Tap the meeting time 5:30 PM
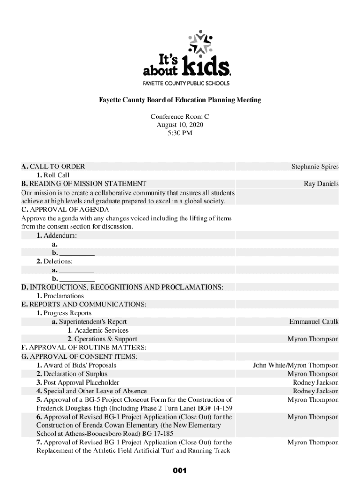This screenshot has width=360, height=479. tap(180, 133)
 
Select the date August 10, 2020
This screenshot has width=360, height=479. tap(180, 125)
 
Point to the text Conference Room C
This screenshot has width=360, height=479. tap(180, 116)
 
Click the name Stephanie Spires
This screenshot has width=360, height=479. tap(315, 167)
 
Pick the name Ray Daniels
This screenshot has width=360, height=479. tap(321, 184)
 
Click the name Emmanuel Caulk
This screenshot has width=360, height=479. tap(314, 322)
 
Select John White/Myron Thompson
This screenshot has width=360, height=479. tap(296, 365)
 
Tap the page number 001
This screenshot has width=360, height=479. tap(180, 471)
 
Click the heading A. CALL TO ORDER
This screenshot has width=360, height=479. tap(53, 167)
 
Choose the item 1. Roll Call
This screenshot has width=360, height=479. tap(53, 175)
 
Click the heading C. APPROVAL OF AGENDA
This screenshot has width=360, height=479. tap(65, 210)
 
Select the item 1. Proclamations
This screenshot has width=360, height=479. tap(60, 296)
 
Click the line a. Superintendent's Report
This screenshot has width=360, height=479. tap(89, 322)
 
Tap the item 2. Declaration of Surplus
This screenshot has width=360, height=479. tap(72, 374)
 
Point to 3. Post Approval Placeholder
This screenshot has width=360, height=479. tap(78, 382)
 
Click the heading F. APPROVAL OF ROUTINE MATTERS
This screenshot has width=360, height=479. tap(84, 348)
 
